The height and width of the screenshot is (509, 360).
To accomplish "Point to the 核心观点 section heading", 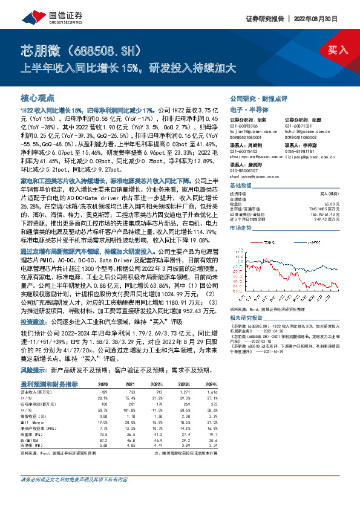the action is point(38,97).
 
